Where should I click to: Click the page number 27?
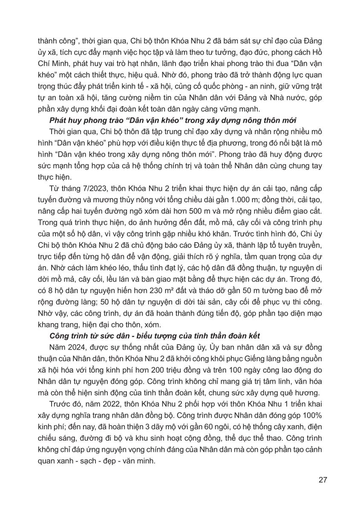[x=323, y=480]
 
